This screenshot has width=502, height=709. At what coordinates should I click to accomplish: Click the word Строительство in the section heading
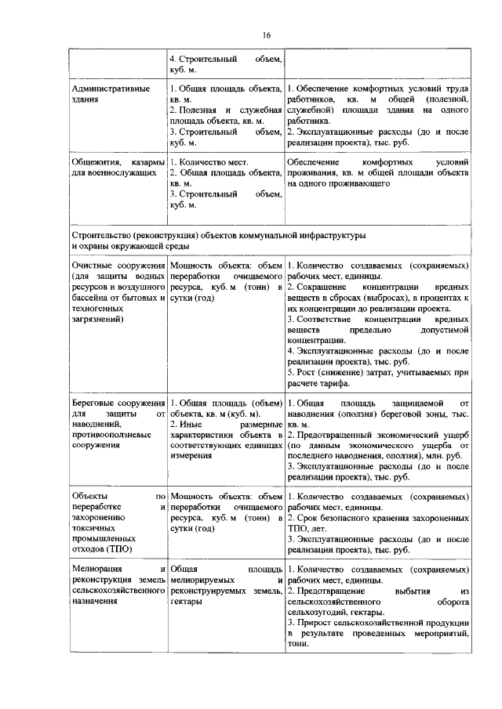100,234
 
